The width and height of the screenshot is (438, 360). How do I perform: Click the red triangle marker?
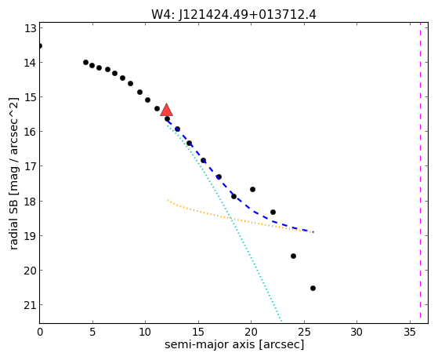point(166,110)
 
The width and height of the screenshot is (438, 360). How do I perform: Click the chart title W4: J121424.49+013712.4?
point(233,15)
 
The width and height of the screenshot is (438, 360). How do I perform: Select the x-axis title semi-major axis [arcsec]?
point(234,344)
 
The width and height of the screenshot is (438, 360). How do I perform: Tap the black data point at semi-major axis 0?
point(40,45)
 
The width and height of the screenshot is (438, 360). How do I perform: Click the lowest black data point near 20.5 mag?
point(313,288)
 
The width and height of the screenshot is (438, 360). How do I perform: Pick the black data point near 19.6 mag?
point(293,256)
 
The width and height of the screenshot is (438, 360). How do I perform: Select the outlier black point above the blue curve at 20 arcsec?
point(252,189)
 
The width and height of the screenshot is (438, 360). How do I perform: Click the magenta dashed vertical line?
point(420,173)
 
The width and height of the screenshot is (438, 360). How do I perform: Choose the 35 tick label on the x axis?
point(410,332)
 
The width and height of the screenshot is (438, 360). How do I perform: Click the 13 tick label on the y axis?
point(31,28)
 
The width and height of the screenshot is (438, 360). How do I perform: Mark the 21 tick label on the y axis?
point(31,305)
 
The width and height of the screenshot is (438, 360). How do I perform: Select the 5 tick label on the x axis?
point(92,332)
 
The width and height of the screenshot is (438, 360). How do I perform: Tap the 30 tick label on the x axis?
point(357,332)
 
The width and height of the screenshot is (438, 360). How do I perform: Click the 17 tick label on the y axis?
point(31,166)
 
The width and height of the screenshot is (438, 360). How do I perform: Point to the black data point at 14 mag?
point(85,63)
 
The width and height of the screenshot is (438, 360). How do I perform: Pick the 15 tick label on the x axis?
point(198,332)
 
